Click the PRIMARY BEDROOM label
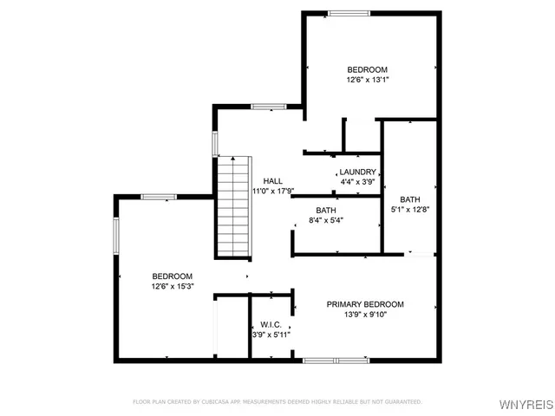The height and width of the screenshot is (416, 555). tap(365, 304)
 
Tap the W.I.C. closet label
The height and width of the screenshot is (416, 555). tap(271, 323)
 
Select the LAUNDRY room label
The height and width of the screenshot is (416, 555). tap(357, 172)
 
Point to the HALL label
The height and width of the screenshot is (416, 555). tap(273, 180)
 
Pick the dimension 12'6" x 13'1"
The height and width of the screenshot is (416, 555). tap(367, 81)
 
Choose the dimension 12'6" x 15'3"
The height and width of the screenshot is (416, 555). tap(172, 286)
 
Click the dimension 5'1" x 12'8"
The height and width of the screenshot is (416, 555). tap(409, 209)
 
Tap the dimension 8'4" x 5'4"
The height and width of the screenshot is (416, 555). tap(326, 220)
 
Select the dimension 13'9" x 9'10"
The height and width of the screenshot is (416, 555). tap(365, 315)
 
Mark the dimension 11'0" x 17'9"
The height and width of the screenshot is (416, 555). tap(273, 191)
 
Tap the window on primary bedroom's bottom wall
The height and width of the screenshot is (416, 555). tap(336, 359)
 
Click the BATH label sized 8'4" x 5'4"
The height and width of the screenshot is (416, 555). tap(326, 211)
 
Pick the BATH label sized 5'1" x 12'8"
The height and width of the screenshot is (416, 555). tap(409, 199)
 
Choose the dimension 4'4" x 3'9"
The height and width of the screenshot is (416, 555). tap(357, 182)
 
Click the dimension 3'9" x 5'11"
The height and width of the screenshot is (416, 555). tap(271, 334)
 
